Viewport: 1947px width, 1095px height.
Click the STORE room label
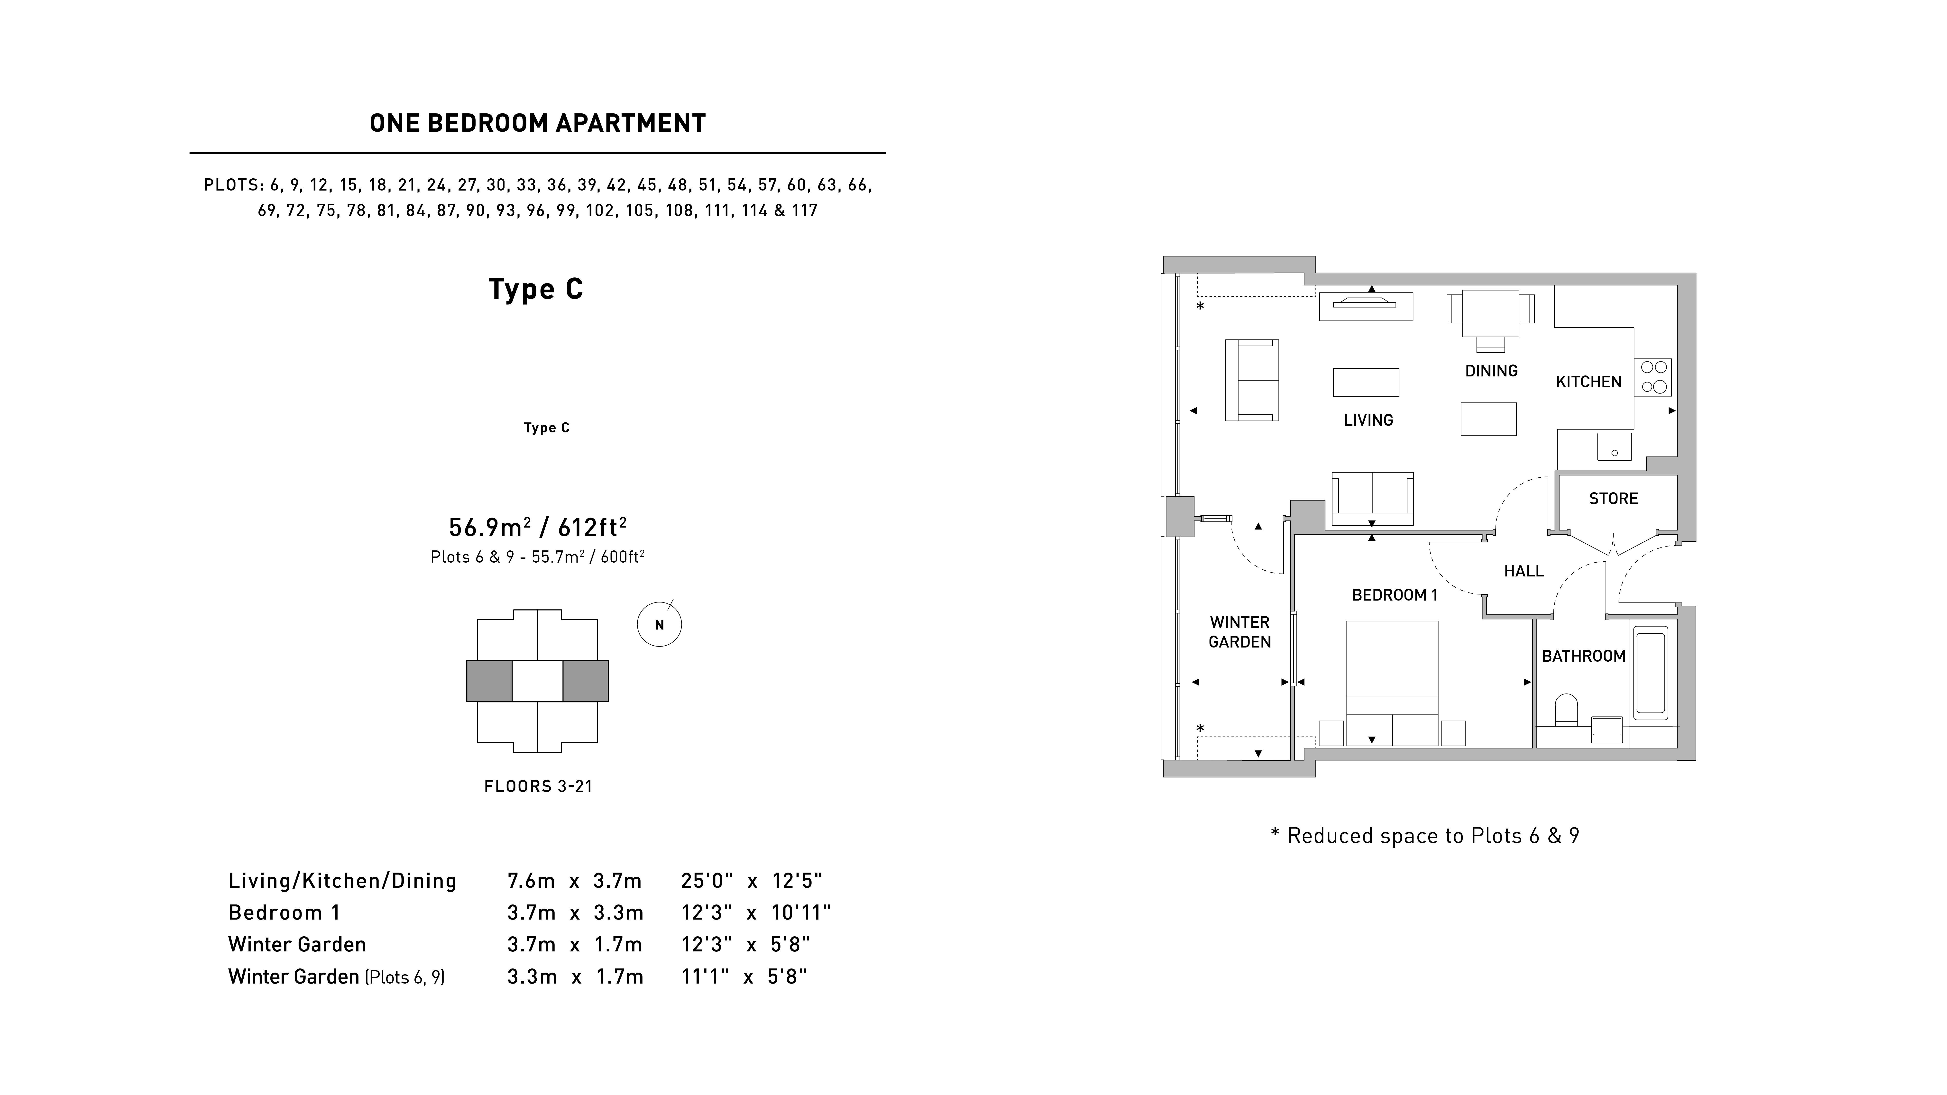point(1613,499)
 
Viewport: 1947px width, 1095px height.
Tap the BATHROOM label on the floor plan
point(1583,656)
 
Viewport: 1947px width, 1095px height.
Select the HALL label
point(1524,571)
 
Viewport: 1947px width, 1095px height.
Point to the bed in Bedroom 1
point(1392,683)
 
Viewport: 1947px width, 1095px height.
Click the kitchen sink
point(1614,447)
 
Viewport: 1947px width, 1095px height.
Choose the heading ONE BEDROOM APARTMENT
point(537,123)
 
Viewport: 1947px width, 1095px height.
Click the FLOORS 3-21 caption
point(538,787)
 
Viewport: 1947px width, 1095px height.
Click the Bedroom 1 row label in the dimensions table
point(284,913)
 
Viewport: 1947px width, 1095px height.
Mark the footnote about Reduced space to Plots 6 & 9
point(1425,836)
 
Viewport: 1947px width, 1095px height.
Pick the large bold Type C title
point(536,289)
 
